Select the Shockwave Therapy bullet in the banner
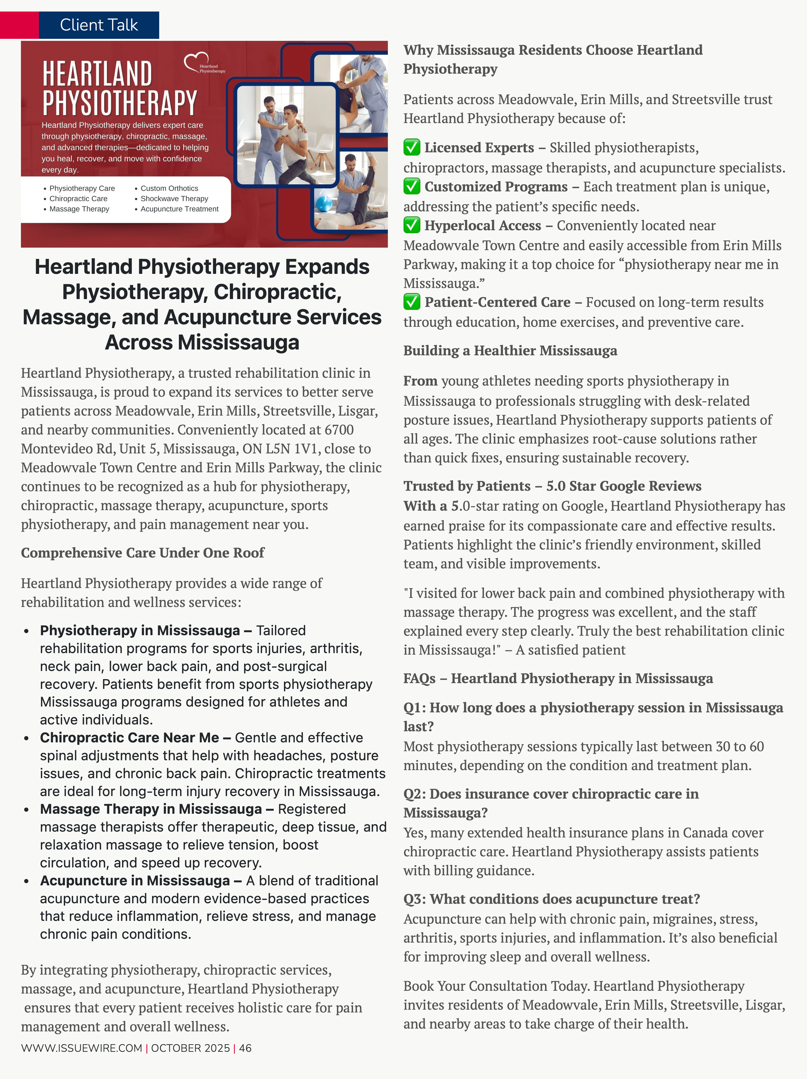click(174, 198)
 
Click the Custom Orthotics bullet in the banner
click(169, 188)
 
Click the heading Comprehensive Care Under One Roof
click(142, 553)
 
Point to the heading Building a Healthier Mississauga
click(510, 351)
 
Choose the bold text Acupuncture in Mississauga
click(135, 881)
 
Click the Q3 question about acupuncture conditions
click(551, 899)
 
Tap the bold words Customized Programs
click(496, 187)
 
